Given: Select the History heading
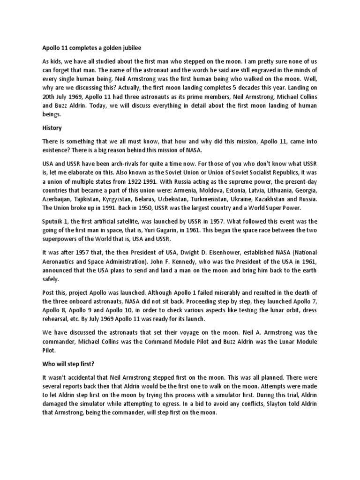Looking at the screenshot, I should (52, 127).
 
